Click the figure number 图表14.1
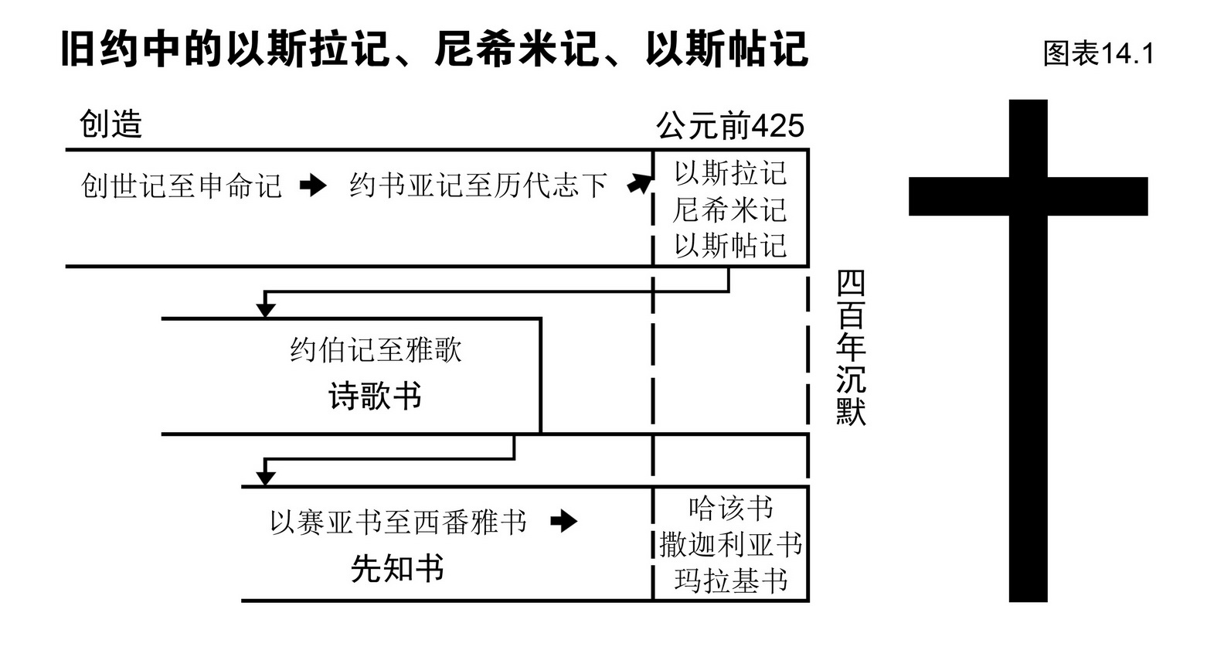pyautogui.click(x=1098, y=53)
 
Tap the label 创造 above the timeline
pyautogui.click(x=111, y=124)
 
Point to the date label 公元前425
pyautogui.click(x=730, y=125)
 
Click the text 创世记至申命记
pyautogui.click(x=182, y=186)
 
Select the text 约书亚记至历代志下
pyautogui.click(x=478, y=186)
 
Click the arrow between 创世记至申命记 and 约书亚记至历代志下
pyautogui.click(x=313, y=186)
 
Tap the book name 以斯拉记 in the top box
pyautogui.click(x=730, y=173)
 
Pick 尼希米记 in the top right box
pyautogui.click(x=730, y=209)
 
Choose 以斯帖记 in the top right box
pyautogui.click(x=730, y=246)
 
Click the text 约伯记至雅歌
pyautogui.click(x=376, y=350)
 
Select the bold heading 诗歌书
pyautogui.click(x=376, y=397)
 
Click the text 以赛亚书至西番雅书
pyautogui.click(x=398, y=523)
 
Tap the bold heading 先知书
pyautogui.click(x=398, y=569)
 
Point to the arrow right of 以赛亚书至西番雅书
pyautogui.click(x=563, y=522)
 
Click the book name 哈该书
pyautogui.click(x=730, y=509)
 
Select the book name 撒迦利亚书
pyautogui.click(x=730, y=545)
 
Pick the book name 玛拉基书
pyautogui.click(x=730, y=580)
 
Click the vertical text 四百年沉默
pyautogui.click(x=851, y=348)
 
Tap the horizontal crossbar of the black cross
pyautogui.click(x=1028, y=196)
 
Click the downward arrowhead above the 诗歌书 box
pyautogui.click(x=265, y=309)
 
